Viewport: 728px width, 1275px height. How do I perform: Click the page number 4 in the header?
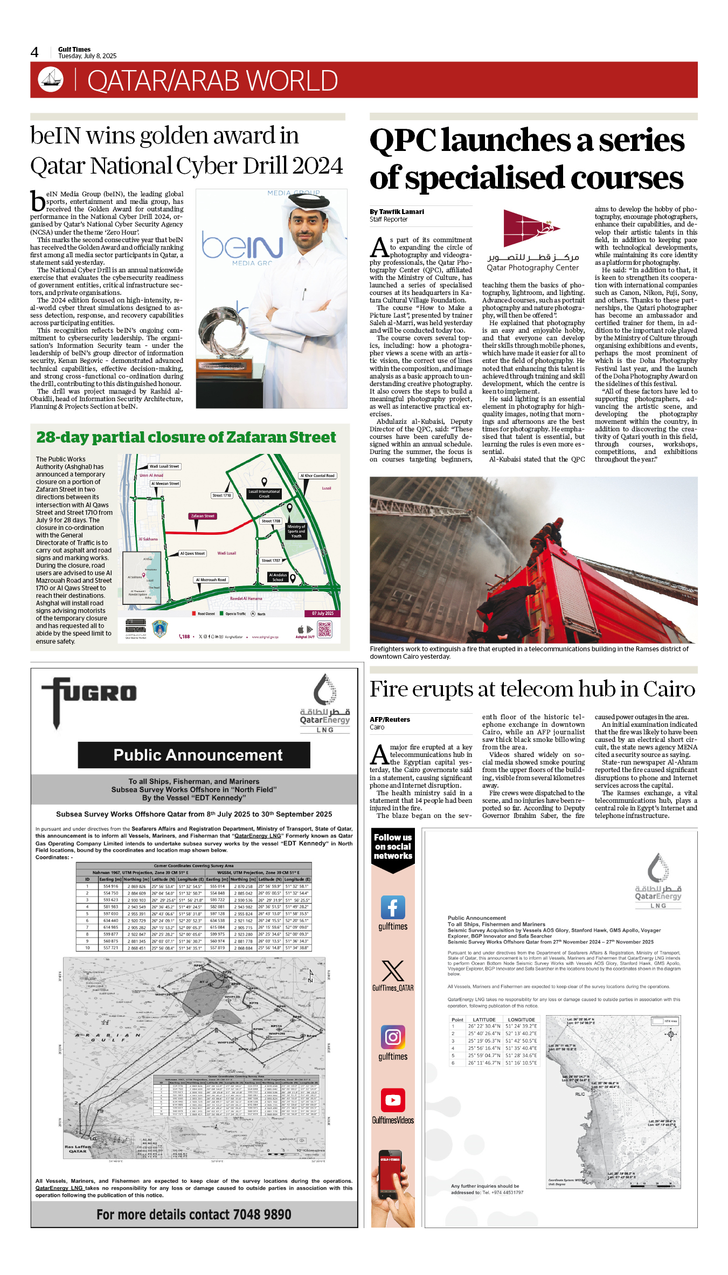click(x=34, y=52)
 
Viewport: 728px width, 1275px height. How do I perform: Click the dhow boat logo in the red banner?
click(x=51, y=79)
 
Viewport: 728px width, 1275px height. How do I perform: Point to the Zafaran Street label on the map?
click(x=203, y=516)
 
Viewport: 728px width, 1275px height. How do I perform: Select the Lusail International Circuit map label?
click(x=264, y=494)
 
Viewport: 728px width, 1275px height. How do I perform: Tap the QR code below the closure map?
click(x=324, y=629)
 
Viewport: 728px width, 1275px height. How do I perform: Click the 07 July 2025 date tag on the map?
click(x=322, y=614)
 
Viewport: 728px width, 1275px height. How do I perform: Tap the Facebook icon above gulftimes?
click(x=393, y=907)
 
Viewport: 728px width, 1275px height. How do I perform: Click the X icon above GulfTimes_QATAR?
click(x=393, y=970)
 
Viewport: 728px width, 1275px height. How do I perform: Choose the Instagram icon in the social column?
click(x=393, y=1037)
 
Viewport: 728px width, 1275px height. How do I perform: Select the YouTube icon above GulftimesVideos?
click(x=393, y=1100)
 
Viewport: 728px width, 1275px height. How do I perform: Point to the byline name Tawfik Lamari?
click(x=401, y=212)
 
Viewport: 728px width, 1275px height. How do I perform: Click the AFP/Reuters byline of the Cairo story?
click(x=390, y=720)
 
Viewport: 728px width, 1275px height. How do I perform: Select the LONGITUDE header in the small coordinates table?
click(x=521, y=1020)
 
